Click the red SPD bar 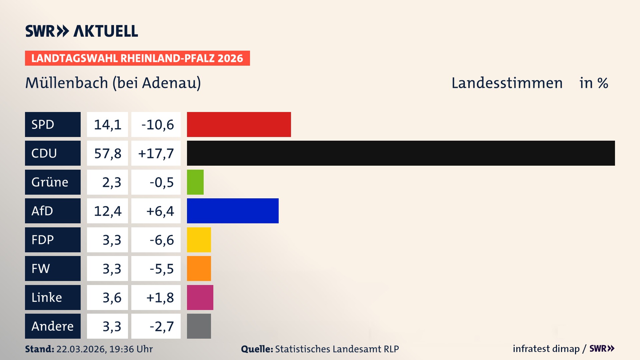click(239, 124)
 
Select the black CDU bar click(401, 153)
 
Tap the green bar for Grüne click(195, 182)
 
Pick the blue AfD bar click(233, 211)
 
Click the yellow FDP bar click(199, 240)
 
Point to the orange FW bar click(199, 268)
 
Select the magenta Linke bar click(200, 297)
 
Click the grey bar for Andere click(199, 326)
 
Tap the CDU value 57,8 click(107, 153)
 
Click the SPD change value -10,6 click(157, 125)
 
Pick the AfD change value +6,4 click(160, 211)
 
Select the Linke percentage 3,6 click(112, 298)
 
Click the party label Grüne click(50, 182)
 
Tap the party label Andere click(52, 326)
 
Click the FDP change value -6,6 click(162, 240)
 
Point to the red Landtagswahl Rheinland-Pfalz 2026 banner click(137, 58)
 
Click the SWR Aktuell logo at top click(81, 31)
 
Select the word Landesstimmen click(507, 83)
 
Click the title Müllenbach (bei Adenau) click(113, 83)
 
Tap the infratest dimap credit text click(546, 349)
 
